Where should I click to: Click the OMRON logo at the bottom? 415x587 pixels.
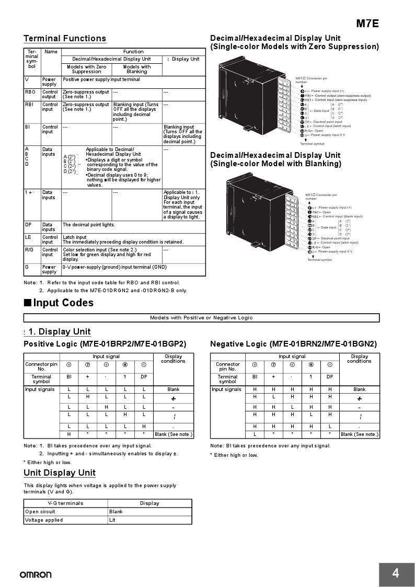(x=36, y=575)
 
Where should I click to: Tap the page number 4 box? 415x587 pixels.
(x=395, y=573)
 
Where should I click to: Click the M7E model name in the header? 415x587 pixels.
(x=367, y=24)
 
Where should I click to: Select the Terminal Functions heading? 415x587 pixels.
(x=65, y=38)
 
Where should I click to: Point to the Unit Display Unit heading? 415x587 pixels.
(x=60, y=473)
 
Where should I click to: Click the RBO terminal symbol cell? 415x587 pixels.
(x=30, y=91)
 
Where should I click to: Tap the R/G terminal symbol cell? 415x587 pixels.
(x=29, y=250)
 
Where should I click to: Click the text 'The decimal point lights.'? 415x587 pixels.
(x=89, y=225)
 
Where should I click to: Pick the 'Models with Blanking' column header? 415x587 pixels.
(x=137, y=69)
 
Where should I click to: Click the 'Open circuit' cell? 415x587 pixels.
(x=40, y=512)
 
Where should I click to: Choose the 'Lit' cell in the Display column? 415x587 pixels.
(x=112, y=520)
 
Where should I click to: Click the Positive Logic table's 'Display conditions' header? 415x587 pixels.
(x=173, y=359)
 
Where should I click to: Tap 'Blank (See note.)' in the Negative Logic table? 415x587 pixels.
(x=359, y=434)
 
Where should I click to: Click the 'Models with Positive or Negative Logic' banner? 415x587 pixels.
(x=201, y=317)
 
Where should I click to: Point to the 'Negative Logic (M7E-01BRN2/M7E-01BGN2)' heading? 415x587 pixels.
(x=293, y=343)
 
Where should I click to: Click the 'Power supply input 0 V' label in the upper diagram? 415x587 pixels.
(x=328, y=135)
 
